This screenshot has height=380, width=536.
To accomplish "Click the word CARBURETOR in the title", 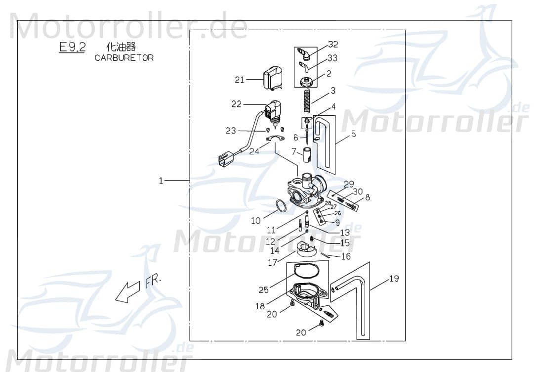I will point(124,58).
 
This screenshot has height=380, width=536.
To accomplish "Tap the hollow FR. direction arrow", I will point(127,292).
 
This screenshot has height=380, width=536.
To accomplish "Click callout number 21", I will point(240,80).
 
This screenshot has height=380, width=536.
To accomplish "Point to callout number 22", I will point(236,104).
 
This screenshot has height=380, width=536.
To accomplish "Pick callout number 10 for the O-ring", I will point(255,221).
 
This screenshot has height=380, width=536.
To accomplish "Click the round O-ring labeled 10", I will point(280,206).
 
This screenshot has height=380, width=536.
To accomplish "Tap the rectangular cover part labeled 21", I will point(273,80).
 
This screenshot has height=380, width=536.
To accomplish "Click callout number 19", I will point(394,279).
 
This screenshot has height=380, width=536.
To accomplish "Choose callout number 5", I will point(353,133).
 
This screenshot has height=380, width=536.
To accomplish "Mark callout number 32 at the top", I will point(333,44).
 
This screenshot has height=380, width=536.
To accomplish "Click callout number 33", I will point(332,58).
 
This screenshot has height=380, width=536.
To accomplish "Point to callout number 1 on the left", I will point(161,181).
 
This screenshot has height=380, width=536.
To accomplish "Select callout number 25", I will point(264,290).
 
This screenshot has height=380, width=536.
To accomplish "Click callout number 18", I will point(260,306).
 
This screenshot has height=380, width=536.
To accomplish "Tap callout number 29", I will point(349,184).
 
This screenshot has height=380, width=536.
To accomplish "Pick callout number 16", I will point(346,256).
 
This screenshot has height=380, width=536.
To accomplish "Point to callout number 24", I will point(254,152).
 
